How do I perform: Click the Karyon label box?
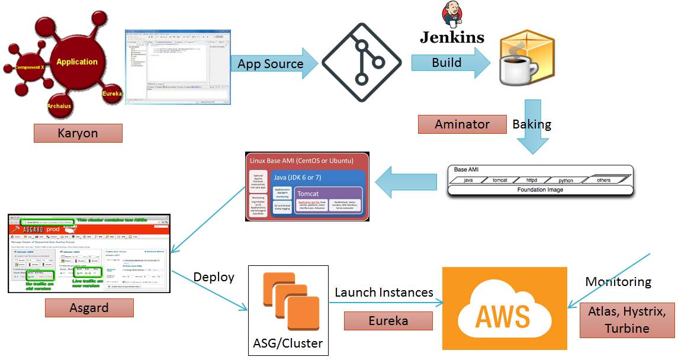click(x=78, y=133)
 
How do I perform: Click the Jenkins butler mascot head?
click(x=452, y=15)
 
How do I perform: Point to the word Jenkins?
click(x=452, y=37)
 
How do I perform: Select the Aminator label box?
click(x=462, y=124)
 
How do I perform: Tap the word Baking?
click(x=532, y=124)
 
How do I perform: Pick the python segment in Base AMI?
click(x=565, y=180)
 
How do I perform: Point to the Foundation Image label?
click(x=540, y=190)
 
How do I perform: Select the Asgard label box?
click(x=89, y=307)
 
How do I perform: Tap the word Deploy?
click(x=214, y=277)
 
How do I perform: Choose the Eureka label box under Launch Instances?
click(x=388, y=321)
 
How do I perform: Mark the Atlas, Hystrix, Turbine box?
click(x=626, y=320)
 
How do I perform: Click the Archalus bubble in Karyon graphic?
click(x=60, y=105)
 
